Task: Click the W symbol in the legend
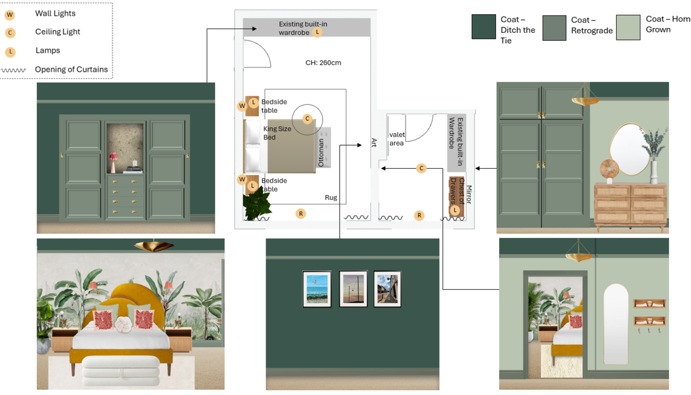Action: point(10,15)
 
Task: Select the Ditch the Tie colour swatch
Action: point(484,27)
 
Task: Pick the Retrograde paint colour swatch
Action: point(554,28)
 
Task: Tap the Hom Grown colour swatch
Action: point(628,28)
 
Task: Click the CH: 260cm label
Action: point(323,63)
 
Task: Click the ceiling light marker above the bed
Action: point(307,118)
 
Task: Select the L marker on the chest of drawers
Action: point(455,210)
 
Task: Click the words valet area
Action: point(397,139)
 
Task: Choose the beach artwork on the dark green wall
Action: point(317,289)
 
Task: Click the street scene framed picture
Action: point(387,289)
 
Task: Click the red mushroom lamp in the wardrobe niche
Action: point(113,161)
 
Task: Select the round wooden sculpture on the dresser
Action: point(609,170)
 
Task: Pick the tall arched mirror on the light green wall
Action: point(616,324)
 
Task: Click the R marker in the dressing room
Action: point(419,215)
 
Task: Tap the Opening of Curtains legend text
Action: point(71,69)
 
